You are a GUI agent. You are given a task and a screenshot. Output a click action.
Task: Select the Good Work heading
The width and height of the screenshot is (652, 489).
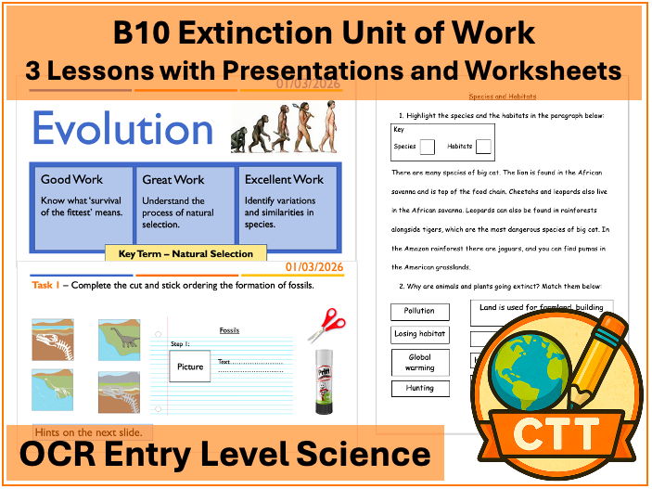[71, 179]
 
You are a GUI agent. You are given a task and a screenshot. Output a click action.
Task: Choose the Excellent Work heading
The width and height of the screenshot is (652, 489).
[284, 179]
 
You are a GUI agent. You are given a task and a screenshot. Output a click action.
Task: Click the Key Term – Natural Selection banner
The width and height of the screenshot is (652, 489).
[185, 252]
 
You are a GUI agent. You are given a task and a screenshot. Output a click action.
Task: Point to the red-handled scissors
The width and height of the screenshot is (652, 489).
[326, 326]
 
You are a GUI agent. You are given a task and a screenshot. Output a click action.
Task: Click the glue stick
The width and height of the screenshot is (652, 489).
[324, 380]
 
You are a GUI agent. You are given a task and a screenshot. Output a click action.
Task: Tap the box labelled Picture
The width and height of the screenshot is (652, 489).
[189, 366]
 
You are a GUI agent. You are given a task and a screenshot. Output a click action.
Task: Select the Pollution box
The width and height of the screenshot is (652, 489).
[419, 312]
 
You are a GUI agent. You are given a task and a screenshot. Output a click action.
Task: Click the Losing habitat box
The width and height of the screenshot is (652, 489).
[419, 334]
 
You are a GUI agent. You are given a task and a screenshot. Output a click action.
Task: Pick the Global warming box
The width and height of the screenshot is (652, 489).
[419, 362]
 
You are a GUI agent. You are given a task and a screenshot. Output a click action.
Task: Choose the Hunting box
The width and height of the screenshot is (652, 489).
[419, 389]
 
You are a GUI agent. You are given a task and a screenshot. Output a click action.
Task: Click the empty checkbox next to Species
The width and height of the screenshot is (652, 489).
[427, 146]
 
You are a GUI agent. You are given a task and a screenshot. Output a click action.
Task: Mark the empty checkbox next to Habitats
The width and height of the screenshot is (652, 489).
[483, 146]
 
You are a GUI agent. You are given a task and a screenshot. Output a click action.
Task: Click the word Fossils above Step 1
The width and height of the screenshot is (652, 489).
[229, 329]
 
